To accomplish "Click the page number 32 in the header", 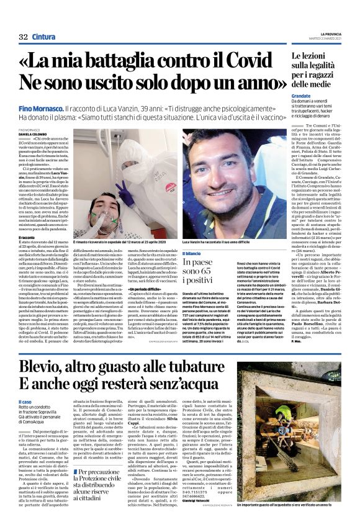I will tap(23, 37).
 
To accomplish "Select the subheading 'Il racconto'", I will tap(28, 237).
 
